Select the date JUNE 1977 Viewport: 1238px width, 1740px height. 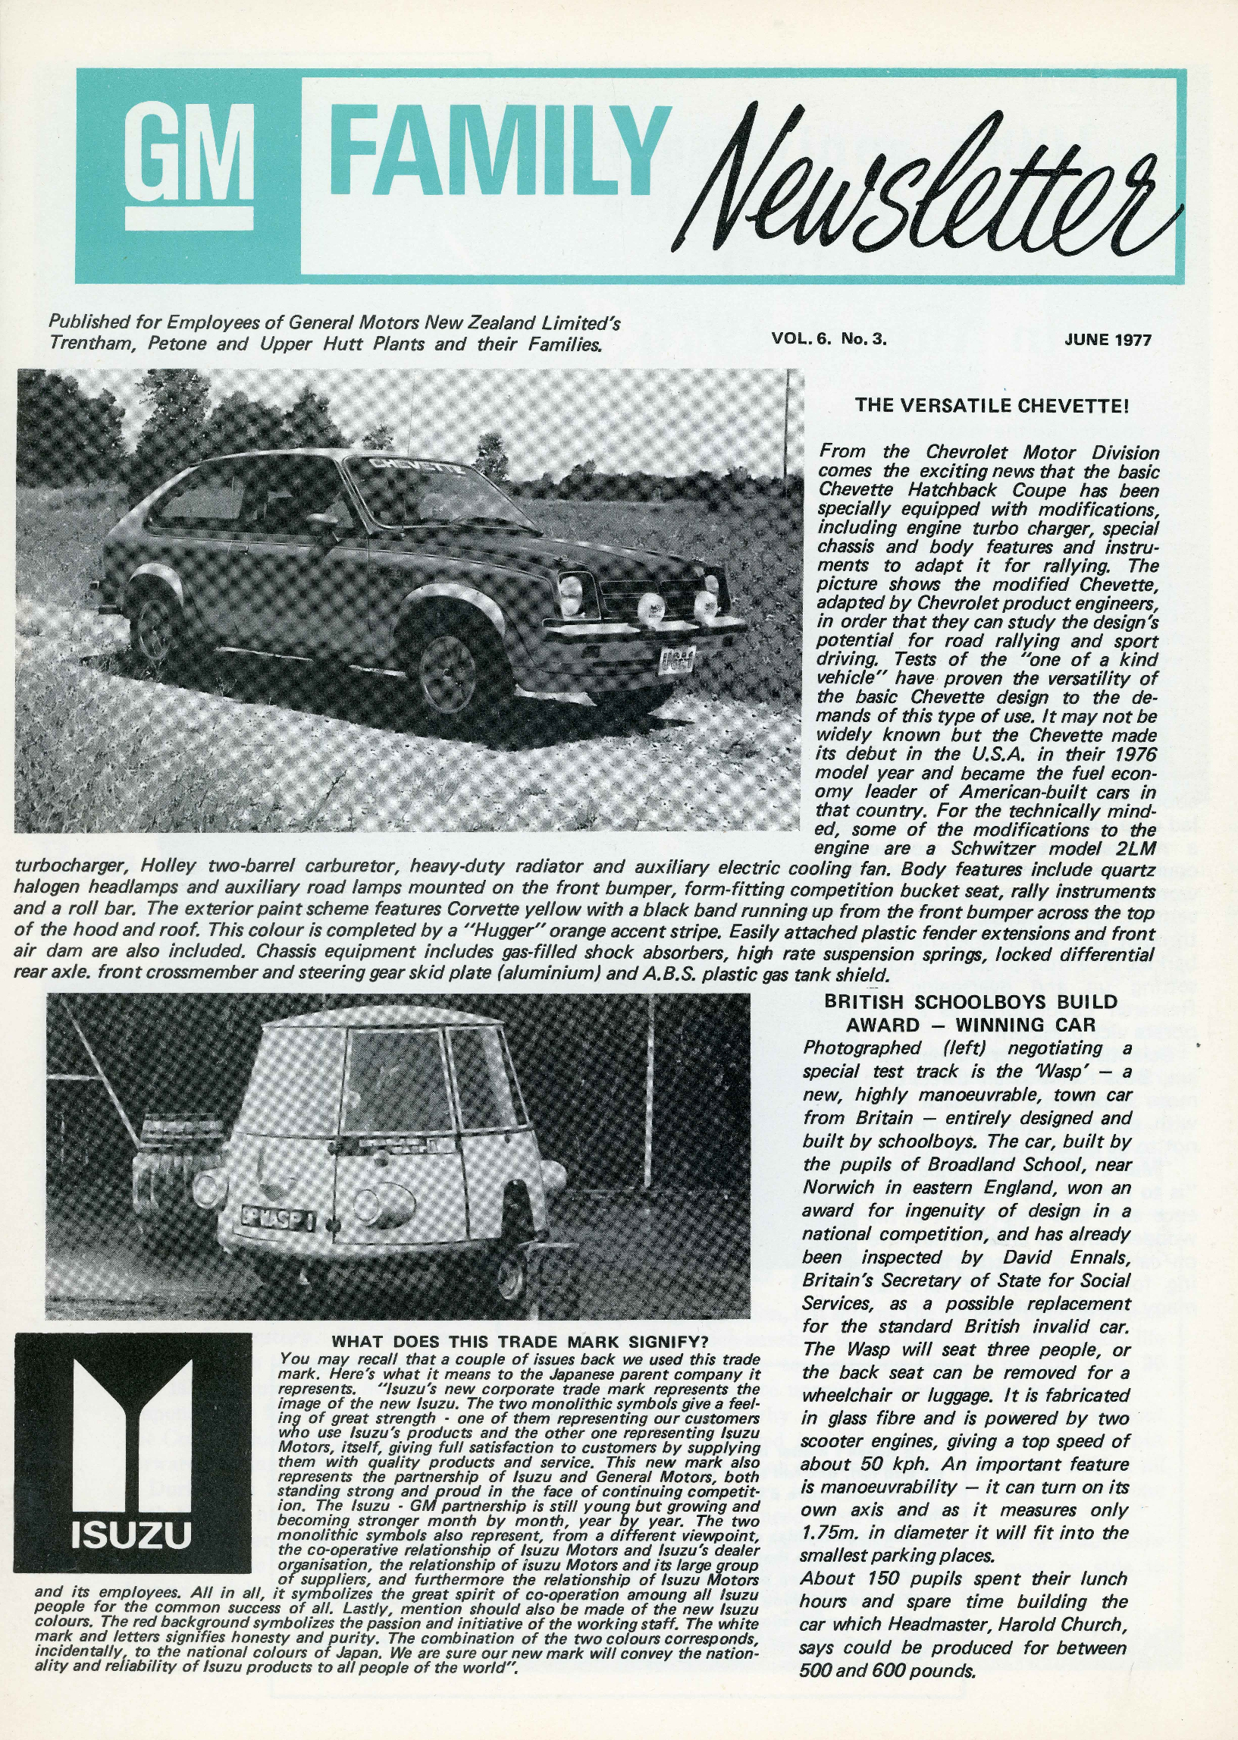1107,339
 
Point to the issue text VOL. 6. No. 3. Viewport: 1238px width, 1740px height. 829,339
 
